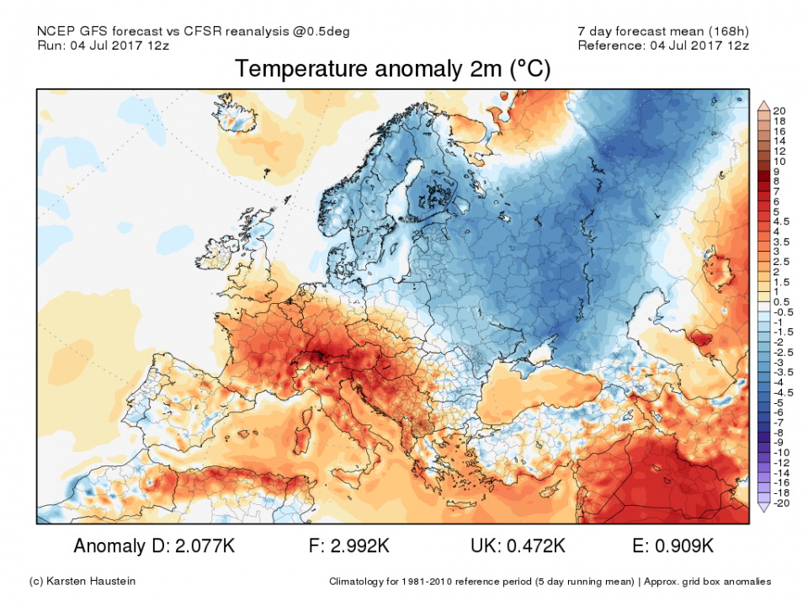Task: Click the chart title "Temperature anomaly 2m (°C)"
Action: [x=392, y=69]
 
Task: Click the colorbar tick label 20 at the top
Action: [x=779, y=110]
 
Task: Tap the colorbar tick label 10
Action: [x=779, y=161]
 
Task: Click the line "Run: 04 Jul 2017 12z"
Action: [x=104, y=45]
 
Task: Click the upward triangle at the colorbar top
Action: [x=763, y=105]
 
